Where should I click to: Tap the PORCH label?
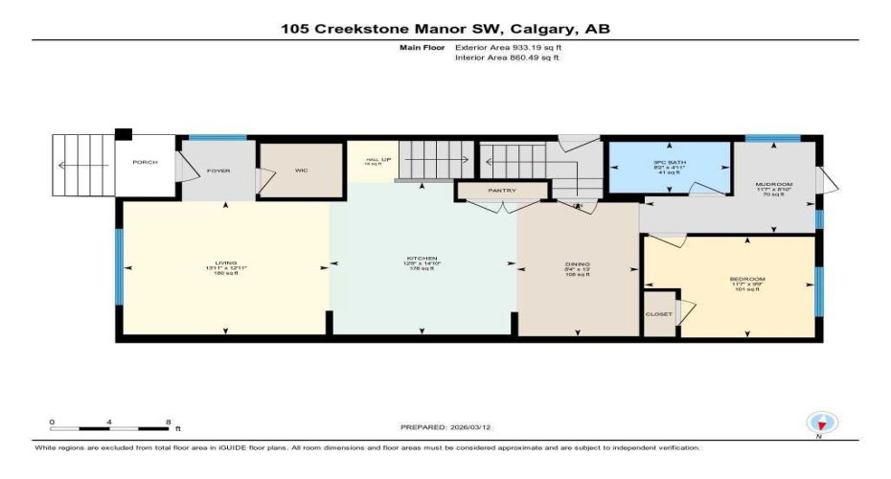pyautogui.click(x=145, y=162)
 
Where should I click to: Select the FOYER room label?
pyautogui.click(x=218, y=171)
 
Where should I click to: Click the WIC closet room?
pyautogui.click(x=300, y=171)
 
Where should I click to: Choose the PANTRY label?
pyautogui.click(x=502, y=191)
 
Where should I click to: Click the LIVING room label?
pyautogui.click(x=226, y=264)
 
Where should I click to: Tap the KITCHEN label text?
pyautogui.click(x=423, y=260)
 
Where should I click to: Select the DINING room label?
pyautogui.click(x=577, y=265)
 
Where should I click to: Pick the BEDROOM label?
pyautogui.click(x=747, y=280)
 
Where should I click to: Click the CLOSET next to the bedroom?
pyautogui.click(x=659, y=314)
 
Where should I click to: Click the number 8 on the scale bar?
pyautogui.click(x=169, y=422)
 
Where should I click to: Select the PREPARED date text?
pyautogui.click(x=445, y=427)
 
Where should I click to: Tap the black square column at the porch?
pyautogui.click(x=123, y=135)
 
